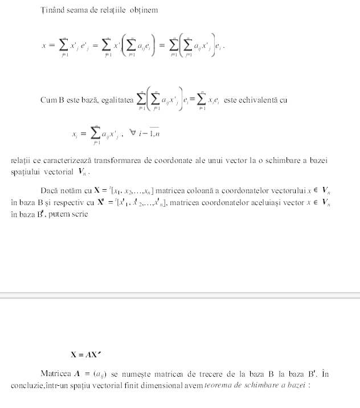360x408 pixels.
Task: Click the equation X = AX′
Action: [85, 354]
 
